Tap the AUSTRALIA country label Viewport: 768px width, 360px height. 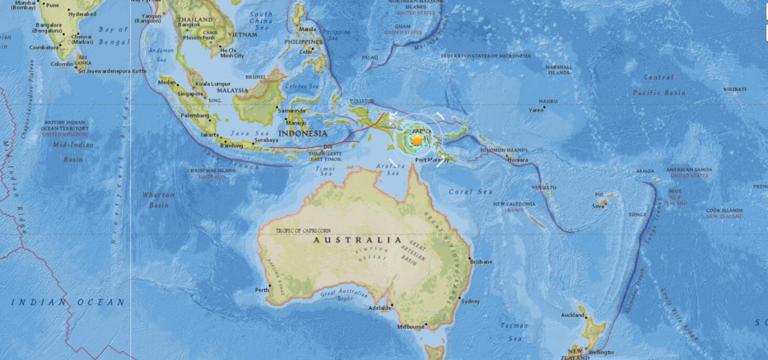(355, 240)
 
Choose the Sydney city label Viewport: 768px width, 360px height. (471, 300)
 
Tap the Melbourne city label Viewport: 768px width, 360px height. (410, 326)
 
